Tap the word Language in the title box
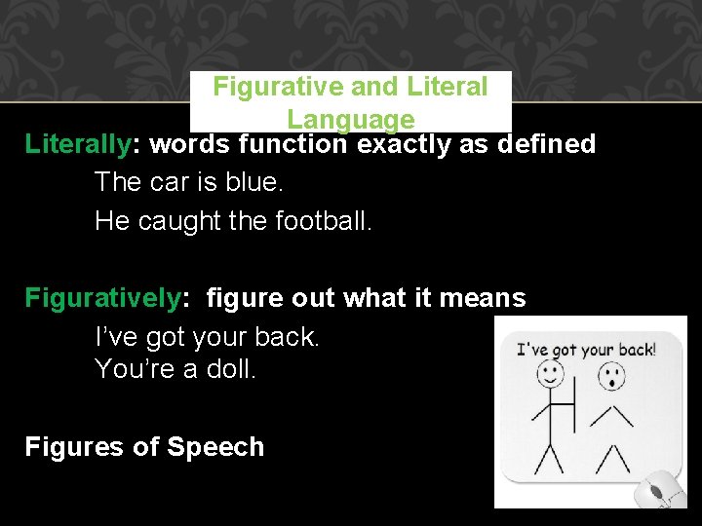pos(350,120)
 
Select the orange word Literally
pos(77,144)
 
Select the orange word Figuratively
pos(102,298)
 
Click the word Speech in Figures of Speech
pos(215,447)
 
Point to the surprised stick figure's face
pos(611,375)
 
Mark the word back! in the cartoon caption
pos(635,348)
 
